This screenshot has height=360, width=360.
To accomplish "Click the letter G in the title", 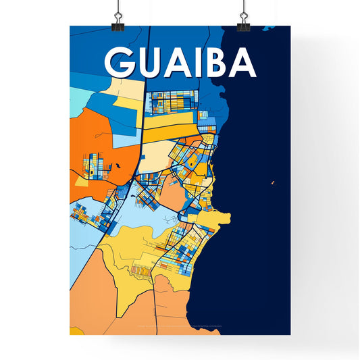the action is pos(119,63).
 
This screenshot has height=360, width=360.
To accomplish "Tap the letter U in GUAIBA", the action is pos(147,63).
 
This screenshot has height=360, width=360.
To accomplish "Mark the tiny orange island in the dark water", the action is pos(272,182).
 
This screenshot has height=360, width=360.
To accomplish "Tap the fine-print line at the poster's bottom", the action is pos(179,328).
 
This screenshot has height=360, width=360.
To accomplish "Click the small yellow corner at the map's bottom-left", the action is pos(74,332).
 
